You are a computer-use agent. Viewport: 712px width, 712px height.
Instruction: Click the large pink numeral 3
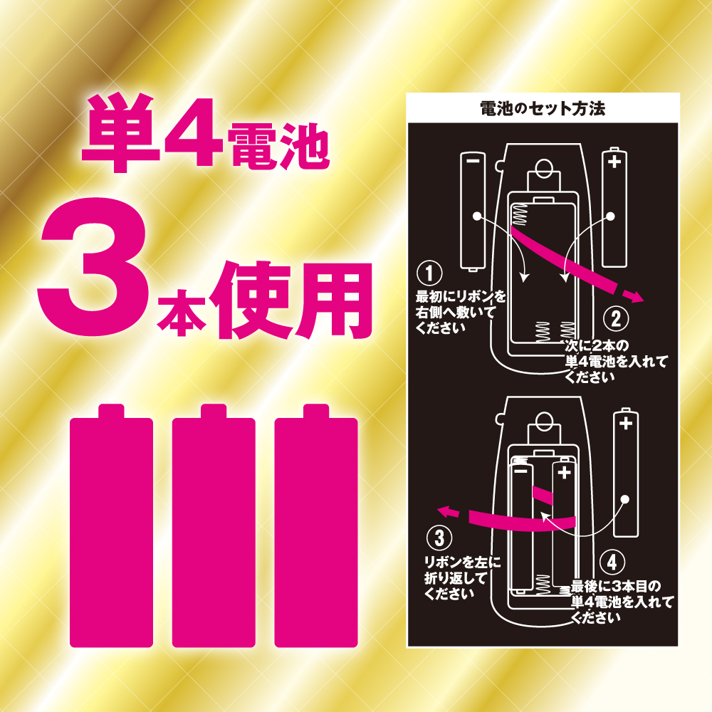point(93,267)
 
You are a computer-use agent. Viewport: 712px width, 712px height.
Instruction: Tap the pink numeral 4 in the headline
point(194,132)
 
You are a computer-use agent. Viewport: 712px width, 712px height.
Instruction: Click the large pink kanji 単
point(121,132)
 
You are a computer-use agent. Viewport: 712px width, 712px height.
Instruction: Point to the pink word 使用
point(293,300)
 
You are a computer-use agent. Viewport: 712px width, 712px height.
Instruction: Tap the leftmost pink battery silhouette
point(111,525)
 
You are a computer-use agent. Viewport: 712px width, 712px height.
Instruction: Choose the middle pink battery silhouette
point(214,525)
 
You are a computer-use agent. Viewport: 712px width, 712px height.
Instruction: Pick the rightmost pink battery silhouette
point(316,525)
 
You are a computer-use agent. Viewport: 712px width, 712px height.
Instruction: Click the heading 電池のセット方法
point(543,108)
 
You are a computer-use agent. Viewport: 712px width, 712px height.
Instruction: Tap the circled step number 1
point(429,273)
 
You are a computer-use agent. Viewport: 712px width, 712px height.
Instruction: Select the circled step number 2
point(616,319)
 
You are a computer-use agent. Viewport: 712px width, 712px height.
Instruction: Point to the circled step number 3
point(439,538)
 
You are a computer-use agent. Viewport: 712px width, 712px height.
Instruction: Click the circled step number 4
point(612,562)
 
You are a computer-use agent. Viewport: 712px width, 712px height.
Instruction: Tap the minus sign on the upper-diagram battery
point(473,160)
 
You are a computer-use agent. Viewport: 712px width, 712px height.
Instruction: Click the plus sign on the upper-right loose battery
point(614,161)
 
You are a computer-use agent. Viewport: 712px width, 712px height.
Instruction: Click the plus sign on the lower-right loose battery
point(626,423)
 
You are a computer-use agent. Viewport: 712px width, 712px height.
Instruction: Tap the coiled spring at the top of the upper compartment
point(520,215)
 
